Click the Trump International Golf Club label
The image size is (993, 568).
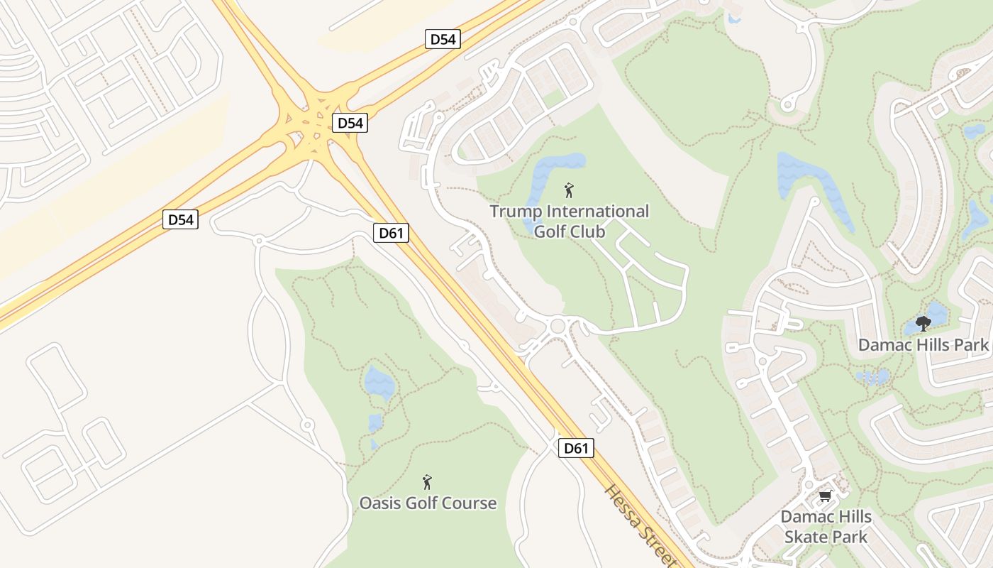pos(569,221)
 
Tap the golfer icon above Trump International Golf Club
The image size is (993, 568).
pos(568,190)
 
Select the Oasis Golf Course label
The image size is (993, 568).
pos(428,503)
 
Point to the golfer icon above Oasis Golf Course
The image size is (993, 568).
pos(427,483)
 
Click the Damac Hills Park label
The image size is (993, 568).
pos(923,345)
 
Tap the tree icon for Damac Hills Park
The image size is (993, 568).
pos(923,324)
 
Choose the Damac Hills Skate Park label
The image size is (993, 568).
pos(826,526)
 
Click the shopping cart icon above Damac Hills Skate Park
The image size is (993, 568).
pos(825,496)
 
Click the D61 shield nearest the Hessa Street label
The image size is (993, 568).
pos(575,448)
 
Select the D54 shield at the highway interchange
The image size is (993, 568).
pos(350,123)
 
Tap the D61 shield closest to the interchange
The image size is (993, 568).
pos(392,233)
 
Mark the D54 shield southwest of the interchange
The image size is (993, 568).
pos(180,219)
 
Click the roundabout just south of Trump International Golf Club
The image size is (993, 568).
pos(557,326)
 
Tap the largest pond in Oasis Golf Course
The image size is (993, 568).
pos(379,383)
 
